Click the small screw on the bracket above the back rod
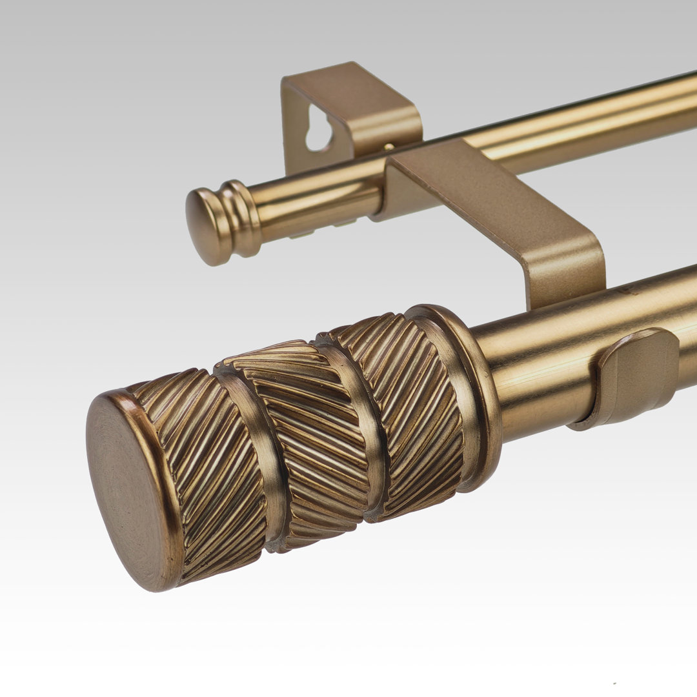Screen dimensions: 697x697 pos(389,148)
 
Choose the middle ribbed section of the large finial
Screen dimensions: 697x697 pos(310,439)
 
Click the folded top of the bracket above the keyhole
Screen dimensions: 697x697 pos(355,90)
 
